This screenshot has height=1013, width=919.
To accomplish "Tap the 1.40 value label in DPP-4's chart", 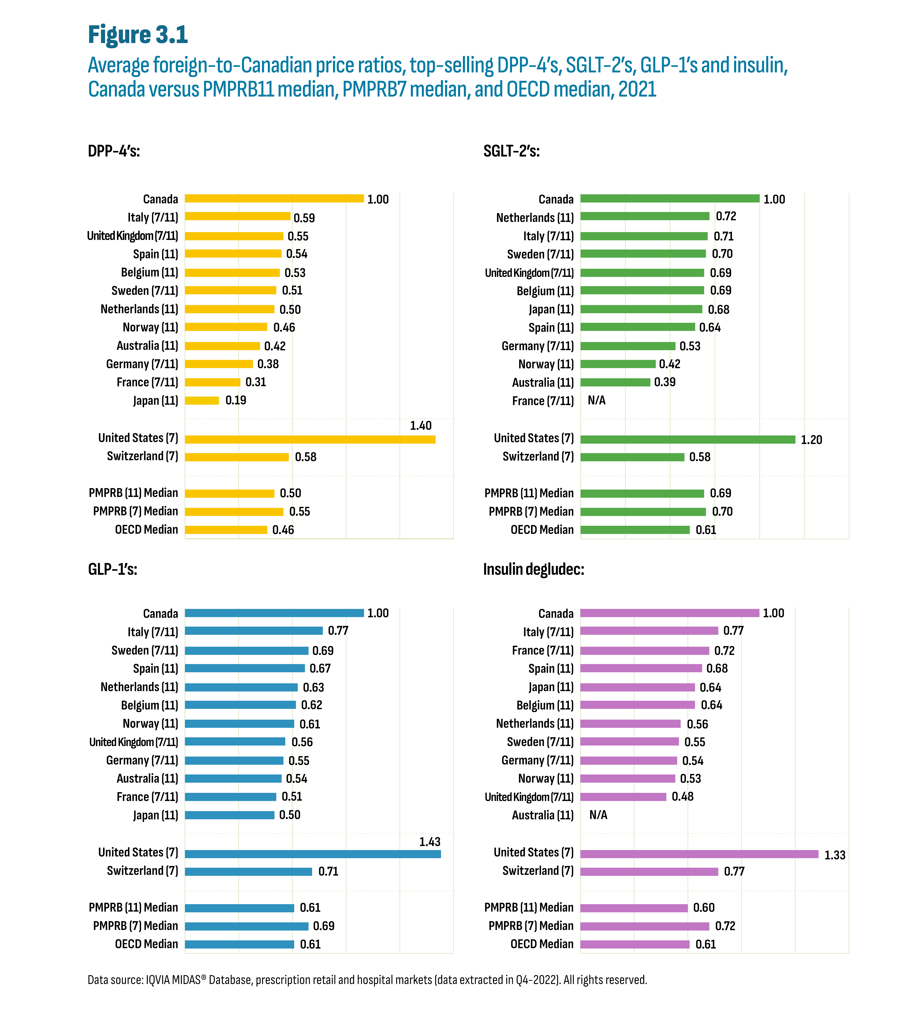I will [420, 426].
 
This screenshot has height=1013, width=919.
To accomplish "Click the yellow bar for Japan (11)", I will [202, 400].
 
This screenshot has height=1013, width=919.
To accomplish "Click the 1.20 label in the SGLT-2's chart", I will [811, 440].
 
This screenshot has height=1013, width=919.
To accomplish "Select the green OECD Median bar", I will [635, 530].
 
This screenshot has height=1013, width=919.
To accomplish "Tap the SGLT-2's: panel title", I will [511, 151].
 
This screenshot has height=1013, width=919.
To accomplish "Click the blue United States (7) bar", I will [313, 854].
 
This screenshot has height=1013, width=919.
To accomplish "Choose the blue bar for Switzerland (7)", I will [248, 871].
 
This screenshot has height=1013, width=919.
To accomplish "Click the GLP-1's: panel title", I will [113, 569].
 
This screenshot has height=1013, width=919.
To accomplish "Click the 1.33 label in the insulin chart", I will [834, 855].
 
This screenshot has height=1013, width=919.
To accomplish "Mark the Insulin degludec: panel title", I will [533, 569].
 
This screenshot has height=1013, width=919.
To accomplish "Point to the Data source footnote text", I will [367, 980].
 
